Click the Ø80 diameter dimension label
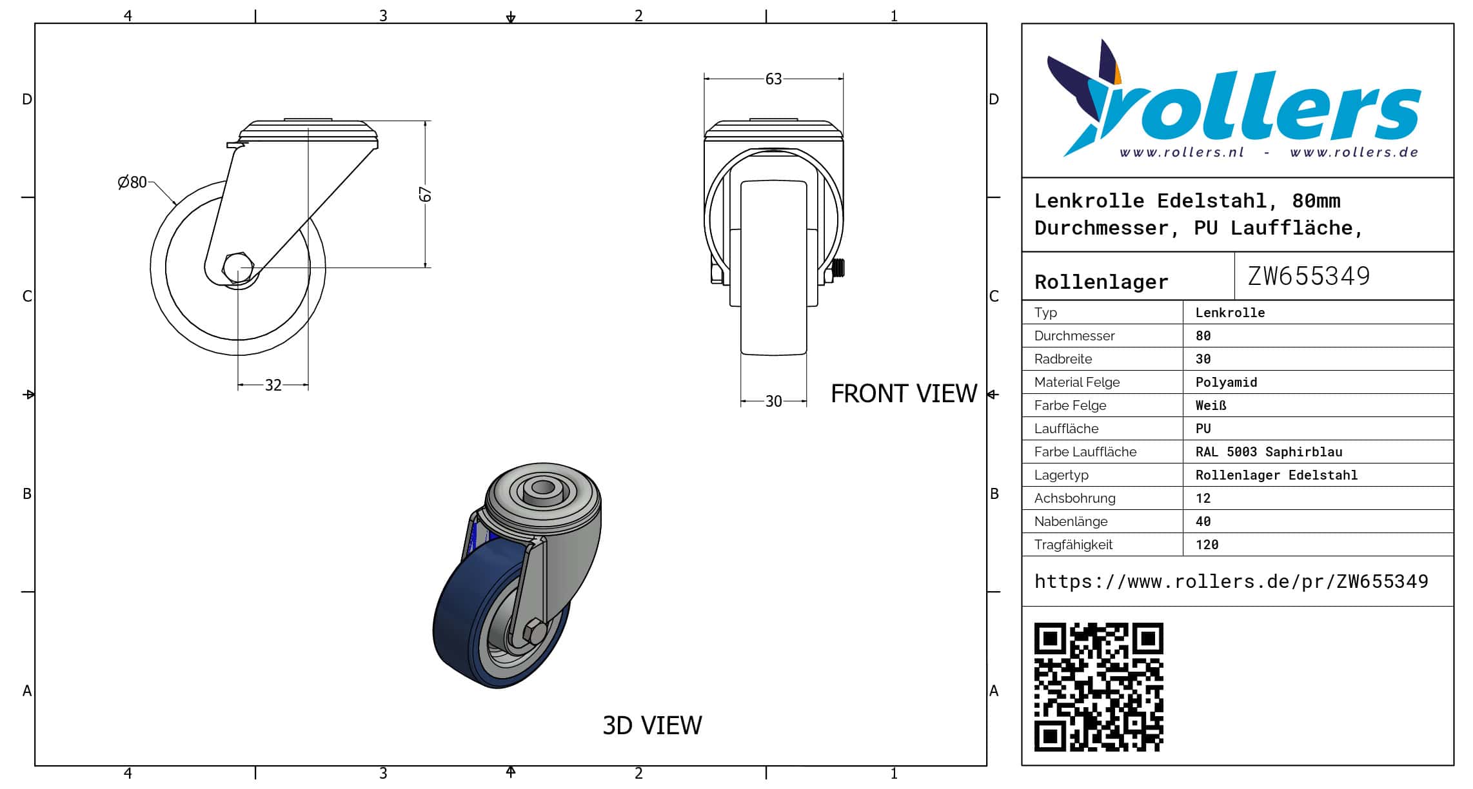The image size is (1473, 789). [x=132, y=182]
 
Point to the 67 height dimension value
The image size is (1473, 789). [x=425, y=194]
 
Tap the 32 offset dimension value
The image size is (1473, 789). [x=273, y=385]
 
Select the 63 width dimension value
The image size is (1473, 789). [x=773, y=79]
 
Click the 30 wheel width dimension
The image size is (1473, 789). [x=773, y=402]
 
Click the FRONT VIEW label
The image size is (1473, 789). [x=904, y=393]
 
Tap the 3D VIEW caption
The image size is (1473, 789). [x=652, y=725]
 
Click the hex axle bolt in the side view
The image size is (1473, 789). [x=237, y=266]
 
